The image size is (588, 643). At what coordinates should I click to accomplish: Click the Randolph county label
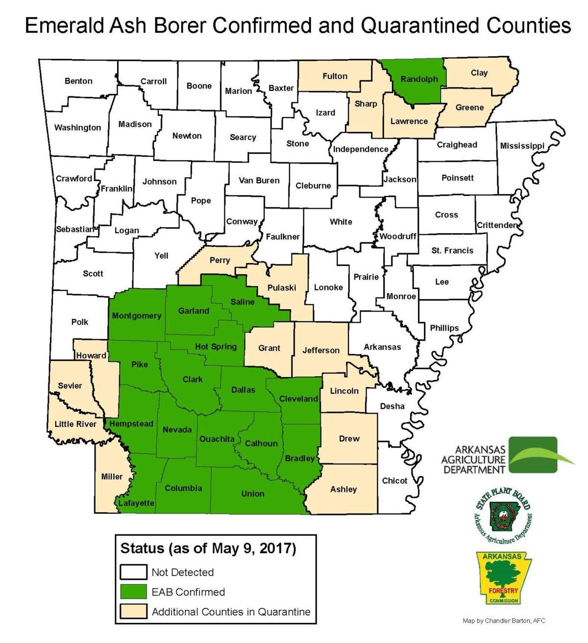click(419, 79)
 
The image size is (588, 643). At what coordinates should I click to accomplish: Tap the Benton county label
click(78, 81)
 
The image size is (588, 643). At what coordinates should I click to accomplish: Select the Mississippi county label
click(522, 145)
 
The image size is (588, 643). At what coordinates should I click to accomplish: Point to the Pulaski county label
click(281, 287)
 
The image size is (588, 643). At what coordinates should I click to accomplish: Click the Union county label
click(252, 494)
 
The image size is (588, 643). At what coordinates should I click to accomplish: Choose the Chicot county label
click(394, 480)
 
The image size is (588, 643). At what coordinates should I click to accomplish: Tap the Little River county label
click(75, 424)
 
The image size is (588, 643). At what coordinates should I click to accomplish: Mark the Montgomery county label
click(136, 315)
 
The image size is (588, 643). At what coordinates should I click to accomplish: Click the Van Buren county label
click(259, 180)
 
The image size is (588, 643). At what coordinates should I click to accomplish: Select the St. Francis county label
click(452, 250)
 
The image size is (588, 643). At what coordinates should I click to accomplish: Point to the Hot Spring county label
click(216, 346)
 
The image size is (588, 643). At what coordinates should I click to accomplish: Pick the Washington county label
click(77, 127)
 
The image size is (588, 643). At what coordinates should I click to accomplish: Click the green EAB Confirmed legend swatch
click(133, 592)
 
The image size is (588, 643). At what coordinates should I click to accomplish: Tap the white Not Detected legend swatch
click(133, 572)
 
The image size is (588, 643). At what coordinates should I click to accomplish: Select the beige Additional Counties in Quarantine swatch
click(133, 611)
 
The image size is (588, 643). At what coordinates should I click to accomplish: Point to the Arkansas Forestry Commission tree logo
click(504, 578)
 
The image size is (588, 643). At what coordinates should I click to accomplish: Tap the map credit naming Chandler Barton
click(504, 621)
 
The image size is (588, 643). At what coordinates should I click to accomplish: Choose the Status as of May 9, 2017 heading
click(208, 548)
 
